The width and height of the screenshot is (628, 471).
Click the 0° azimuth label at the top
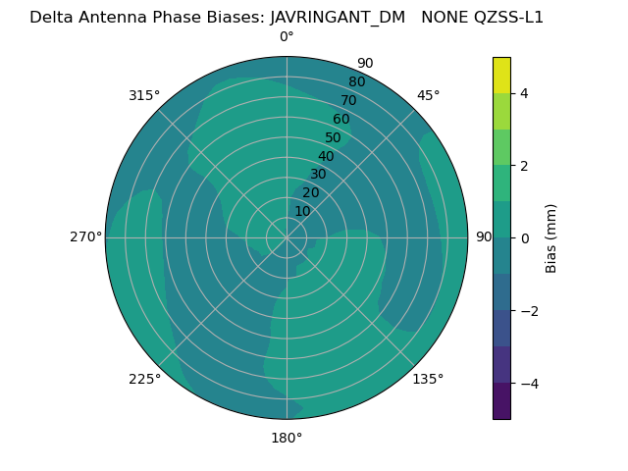(x=287, y=37)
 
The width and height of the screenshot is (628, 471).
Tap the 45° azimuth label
(x=428, y=95)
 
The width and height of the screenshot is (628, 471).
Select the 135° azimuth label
(x=428, y=379)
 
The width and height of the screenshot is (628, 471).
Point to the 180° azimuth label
(x=287, y=438)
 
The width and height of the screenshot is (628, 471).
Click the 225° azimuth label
(x=144, y=379)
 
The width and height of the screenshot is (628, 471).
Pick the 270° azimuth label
(x=85, y=237)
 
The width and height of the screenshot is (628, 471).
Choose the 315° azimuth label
(x=144, y=95)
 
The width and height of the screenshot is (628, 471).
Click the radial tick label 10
(x=302, y=211)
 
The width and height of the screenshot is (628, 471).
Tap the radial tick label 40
(x=326, y=157)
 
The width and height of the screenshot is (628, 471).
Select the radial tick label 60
(x=340, y=120)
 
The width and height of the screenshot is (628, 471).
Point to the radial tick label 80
(x=356, y=82)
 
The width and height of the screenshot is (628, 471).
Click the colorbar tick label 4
(x=525, y=93)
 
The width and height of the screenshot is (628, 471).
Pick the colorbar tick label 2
(x=525, y=166)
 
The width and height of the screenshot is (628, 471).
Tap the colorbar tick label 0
(x=525, y=238)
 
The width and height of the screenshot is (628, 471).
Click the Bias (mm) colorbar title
(x=551, y=238)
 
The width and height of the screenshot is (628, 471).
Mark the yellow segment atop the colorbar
(x=501, y=76)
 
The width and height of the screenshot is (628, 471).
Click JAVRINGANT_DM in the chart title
(x=338, y=17)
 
